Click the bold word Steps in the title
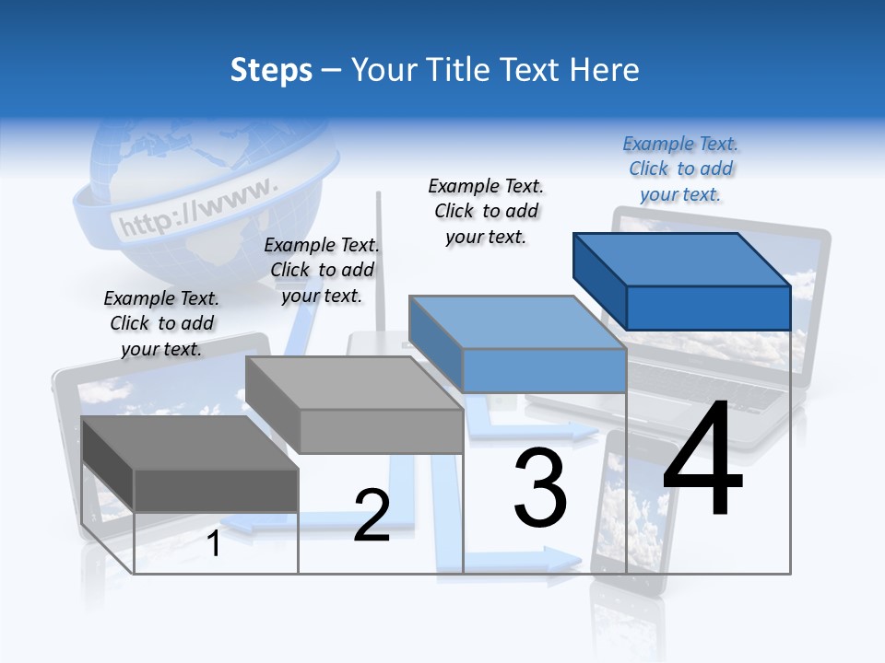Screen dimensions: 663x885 click(271, 70)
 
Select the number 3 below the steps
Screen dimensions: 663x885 click(540, 487)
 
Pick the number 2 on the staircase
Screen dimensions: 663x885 click(372, 516)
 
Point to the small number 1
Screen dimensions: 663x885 click(214, 543)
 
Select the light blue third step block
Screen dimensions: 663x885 click(519, 343)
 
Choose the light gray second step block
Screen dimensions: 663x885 click(355, 405)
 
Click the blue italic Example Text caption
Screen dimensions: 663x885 click(680, 169)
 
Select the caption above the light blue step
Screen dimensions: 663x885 click(487, 211)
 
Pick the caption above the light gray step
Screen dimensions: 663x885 click(322, 270)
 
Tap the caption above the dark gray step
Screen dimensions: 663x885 click(161, 323)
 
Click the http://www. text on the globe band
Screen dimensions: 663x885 click(198, 208)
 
